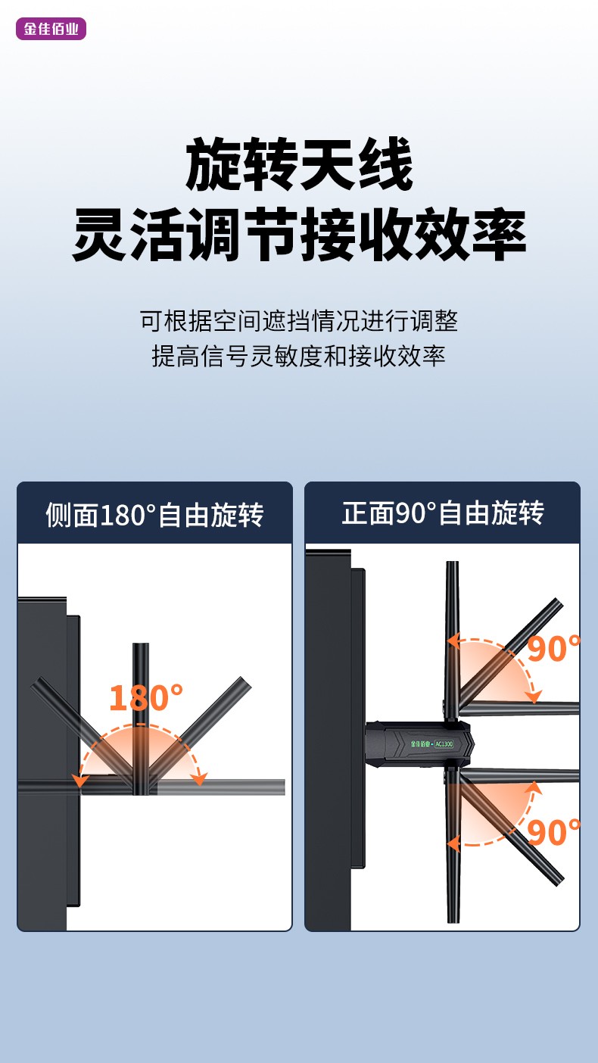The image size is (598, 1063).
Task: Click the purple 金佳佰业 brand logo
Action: (x=51, y=29)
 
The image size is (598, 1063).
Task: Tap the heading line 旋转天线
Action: (x=299, y=164)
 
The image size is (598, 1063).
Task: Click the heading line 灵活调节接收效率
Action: (x=299, y=235)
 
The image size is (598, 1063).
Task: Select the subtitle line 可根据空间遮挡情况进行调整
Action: (x=299, y=321)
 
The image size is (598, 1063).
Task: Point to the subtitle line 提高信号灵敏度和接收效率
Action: (x=299, y=356)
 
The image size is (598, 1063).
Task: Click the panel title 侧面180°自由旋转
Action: (x=154, y=514)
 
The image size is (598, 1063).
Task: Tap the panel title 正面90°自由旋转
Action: (x=442, y=513)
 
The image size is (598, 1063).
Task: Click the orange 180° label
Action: (x=145, y=697)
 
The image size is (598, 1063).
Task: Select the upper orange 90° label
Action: (x=554, y=649)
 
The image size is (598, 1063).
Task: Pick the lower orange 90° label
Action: (x=554, y=832)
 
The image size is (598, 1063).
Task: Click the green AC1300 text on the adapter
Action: (x=444, y=743)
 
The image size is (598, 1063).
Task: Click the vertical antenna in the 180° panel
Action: (x=141, y=719)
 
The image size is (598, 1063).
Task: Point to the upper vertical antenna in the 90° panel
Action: (x=453, y=641)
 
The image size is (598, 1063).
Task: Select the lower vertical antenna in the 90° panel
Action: (x=453, y=846)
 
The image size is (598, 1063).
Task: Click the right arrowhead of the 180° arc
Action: (x=199, y=778)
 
